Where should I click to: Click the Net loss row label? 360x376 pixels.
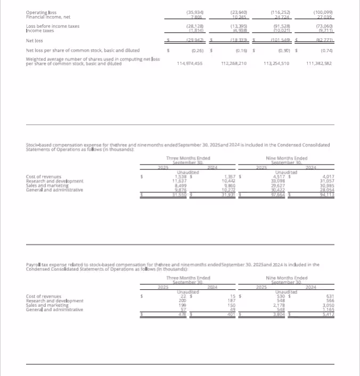[35, 40]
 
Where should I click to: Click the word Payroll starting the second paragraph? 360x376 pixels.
[33, 264]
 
